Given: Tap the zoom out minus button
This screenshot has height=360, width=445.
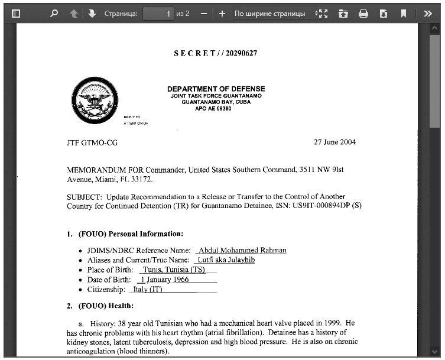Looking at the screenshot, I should (x=204, y=13).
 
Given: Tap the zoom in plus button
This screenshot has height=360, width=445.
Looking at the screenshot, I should (x=222, y=13).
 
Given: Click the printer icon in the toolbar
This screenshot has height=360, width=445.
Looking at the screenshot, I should (x=363, y=13).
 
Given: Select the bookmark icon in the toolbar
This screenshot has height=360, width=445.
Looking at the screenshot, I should (x=404, y=13).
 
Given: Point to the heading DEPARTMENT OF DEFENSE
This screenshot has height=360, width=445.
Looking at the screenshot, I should (x=216, y=89).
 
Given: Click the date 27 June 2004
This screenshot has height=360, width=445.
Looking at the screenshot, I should (x=334, y=142).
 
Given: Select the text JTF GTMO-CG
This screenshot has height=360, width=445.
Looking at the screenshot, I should (x=92, y=142).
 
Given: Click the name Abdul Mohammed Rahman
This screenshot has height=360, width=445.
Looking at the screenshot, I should (x=242, y=250).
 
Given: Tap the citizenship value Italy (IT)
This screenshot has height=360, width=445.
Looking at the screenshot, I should (x=148, y=290).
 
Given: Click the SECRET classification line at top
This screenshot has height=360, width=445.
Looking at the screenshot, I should (x=215, y=53).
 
